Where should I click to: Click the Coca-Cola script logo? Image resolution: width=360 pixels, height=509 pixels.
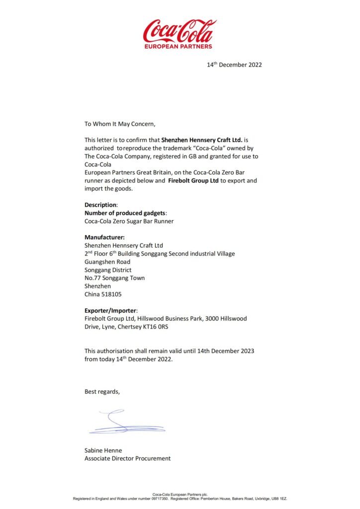click(180, 31)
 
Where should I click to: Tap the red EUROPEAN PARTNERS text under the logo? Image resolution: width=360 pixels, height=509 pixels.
click(179, 46)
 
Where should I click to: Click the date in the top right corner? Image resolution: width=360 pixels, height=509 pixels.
click(234, 65)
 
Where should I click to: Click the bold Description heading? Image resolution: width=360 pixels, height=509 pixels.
click(101, 205)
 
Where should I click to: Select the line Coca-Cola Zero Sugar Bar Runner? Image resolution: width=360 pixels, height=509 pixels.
click(129, 221)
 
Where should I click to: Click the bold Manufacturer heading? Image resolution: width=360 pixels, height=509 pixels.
click(104, 237)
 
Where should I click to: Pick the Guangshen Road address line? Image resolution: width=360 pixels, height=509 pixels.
click(107, 262)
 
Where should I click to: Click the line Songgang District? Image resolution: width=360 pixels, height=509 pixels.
click(108, 270)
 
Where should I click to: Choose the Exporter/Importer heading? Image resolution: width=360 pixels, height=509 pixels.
click(108, 310)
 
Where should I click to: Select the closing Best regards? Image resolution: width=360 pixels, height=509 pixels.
click(102, 392)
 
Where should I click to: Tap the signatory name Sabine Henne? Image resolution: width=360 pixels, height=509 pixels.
click(103, 450)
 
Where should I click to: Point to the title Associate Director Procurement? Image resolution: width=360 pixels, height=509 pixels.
click(127, 458)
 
